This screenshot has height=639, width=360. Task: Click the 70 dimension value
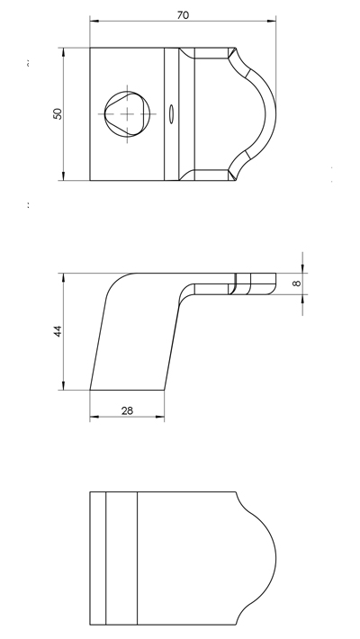(x=183, y=15)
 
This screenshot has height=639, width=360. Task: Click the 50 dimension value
(x=58, y=113)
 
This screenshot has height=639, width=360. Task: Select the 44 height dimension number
(x=58, y=331)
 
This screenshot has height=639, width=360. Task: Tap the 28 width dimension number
(x=127, y=410)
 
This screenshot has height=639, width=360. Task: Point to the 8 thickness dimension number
(x=297, y=283)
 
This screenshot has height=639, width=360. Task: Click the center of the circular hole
(x=127, y=114)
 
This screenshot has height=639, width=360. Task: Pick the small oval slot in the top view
(x=172, y=113)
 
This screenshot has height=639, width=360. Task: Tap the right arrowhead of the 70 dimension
(x=272, y=21)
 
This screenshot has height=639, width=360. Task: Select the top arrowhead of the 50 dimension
(x=64, y=52)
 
